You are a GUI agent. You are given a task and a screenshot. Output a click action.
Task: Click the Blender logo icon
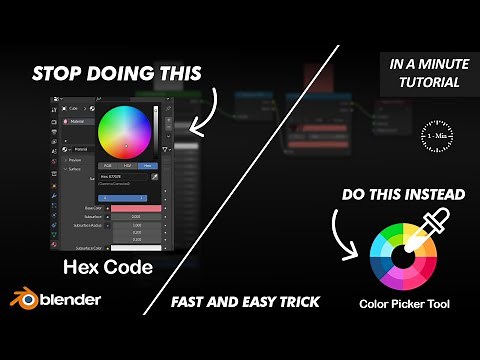pyautogui.click(x=20, y=298)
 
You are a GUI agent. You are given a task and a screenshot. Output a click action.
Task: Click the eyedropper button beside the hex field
pyautogui.click(x=155, y=177)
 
